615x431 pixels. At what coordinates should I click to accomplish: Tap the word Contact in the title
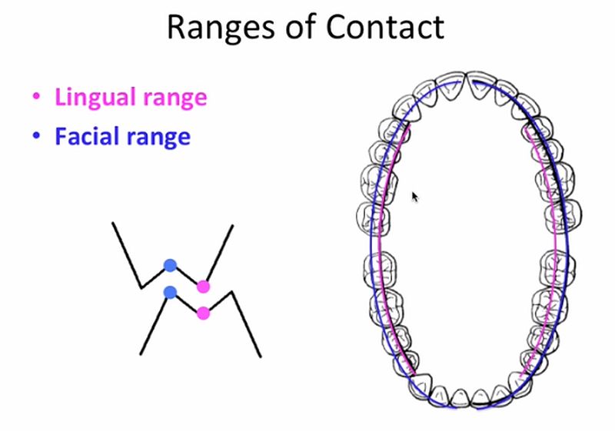pos(386,27)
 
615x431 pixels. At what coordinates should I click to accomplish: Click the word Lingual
pos(95,98)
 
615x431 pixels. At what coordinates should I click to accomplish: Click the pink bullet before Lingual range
pos(35,98)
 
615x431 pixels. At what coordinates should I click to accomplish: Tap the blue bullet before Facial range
pos(35,138)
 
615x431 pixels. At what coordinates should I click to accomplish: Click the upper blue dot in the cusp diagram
pos(170,266)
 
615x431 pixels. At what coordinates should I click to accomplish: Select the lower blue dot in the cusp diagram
pos(170,292)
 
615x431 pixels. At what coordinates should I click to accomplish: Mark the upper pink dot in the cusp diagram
pos(203,287)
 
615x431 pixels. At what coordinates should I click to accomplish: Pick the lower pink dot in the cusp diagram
pos(203,312)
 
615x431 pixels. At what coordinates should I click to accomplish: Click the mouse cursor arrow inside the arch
pos(415,197)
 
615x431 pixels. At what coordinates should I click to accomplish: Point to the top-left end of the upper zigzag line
pos(113,224)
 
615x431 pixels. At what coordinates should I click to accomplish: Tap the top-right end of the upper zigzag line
pos(232,226)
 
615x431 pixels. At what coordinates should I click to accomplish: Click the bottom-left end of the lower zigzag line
pos(141,354)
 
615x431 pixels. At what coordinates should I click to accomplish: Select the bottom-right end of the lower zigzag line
pos(261,356)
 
